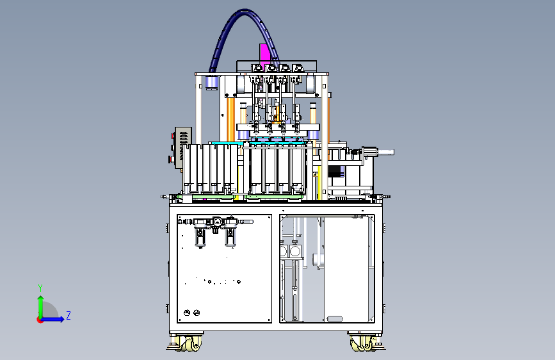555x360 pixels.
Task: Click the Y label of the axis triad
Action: tap(40, 288)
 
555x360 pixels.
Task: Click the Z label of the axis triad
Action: tap(68, 315)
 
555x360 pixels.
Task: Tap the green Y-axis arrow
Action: tap(41, 307)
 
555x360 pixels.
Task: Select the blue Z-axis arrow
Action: tap(52, 319)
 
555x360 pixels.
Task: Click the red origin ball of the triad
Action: tap(40, 320)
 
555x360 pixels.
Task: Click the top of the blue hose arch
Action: tap(245, 12)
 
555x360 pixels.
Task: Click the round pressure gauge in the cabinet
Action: tap(217, 222)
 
